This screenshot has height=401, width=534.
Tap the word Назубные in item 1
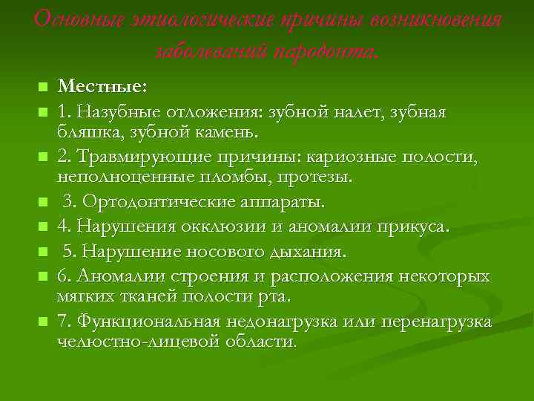coord(114,111)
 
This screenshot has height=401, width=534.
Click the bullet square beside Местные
coord(42,88)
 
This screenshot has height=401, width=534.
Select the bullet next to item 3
coord(42,202)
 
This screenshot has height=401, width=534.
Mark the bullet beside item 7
coord(42,322)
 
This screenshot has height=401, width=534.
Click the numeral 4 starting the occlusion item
coord(63,225)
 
